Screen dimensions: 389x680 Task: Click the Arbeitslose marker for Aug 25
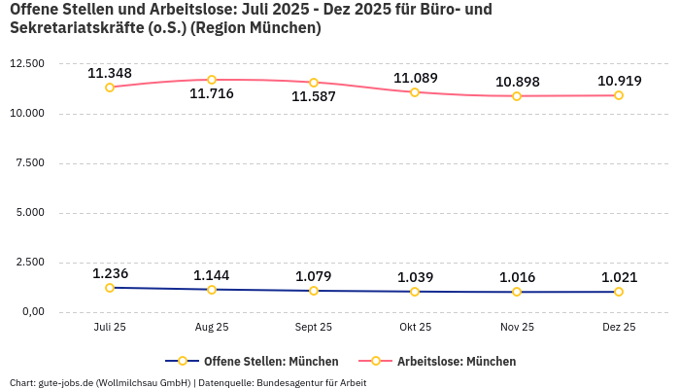coord(212,80)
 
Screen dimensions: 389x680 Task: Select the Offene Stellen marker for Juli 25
coord(110,288)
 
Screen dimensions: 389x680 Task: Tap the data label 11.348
coord(110,73)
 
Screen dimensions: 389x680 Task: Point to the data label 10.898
coord(517,82)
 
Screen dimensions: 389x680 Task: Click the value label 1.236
coord(110,273)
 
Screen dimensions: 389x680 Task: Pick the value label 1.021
coord(619,277)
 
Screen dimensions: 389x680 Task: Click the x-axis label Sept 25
coord(314,328)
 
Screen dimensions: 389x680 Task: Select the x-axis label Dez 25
coord(619,328)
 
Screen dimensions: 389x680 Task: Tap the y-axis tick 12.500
coord(26,64)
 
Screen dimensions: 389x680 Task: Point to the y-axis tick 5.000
coord(29,213)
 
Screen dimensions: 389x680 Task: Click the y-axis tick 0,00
coord(32,312)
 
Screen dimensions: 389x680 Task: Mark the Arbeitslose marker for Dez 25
coord(619,95)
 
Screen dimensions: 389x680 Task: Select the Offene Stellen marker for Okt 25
coord(415,292)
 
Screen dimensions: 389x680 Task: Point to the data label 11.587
coord(314,97)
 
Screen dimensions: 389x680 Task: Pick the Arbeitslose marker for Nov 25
coord(517,96)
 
